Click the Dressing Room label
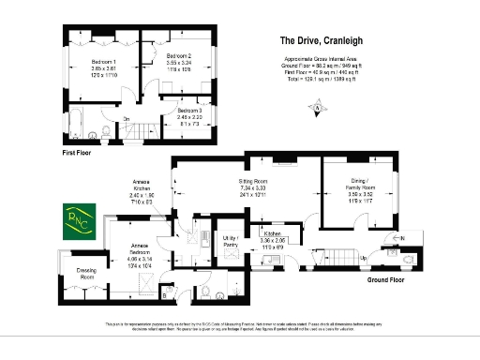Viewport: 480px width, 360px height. click(87, 274)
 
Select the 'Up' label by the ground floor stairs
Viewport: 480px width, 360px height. click(362, 256)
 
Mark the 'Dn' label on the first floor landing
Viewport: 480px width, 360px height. click(127, 119)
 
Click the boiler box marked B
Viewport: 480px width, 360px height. click(165, 296)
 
